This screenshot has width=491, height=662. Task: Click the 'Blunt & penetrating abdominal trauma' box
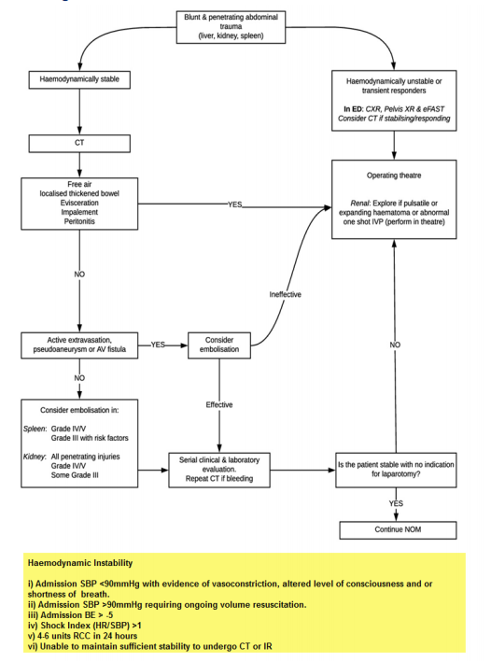245,25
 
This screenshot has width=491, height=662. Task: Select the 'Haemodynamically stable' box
79,81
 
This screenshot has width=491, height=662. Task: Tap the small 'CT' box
79,143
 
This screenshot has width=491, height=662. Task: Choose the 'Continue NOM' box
396,529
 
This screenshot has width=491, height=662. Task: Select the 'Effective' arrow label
219,404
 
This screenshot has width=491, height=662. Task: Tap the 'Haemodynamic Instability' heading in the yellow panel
79,563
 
